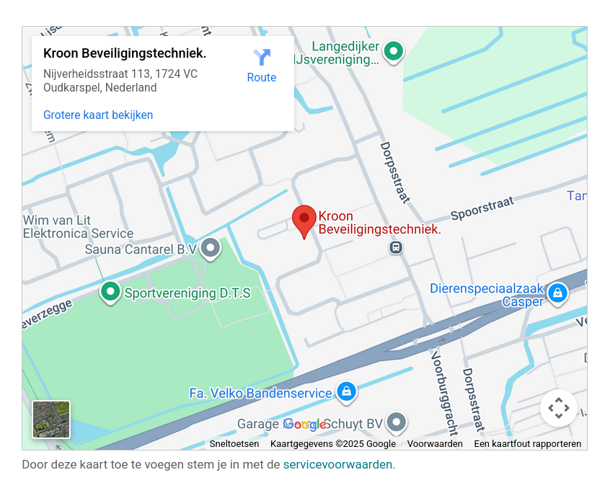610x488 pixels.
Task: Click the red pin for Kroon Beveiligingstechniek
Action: [x=304, y=219]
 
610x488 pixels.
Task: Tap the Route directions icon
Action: [x=262, y=58]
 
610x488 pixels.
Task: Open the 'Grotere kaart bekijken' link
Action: [x=98, y=115]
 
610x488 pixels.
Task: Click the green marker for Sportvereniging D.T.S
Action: [x=110, y=291]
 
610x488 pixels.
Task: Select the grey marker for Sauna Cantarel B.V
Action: [x=211, y=248]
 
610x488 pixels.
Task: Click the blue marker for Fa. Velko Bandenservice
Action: [x=346, y=391]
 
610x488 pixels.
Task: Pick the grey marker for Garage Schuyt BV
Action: [x=396, y=422]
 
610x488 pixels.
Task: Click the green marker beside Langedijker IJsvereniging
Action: [x=393, y=50]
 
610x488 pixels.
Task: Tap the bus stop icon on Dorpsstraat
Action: [x=395, y=248]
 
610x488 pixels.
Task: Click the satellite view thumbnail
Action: [x=51, y=420]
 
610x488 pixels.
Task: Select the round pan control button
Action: [x=559, y=409]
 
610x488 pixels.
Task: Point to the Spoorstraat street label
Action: [x=482, y=210]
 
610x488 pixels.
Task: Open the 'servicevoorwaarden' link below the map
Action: [x=337, y=465]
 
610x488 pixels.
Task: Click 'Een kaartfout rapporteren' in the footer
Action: [x=527, y=444]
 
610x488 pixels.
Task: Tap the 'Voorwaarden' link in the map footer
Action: [x=435, y=444]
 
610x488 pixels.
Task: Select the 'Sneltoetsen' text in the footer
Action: [x=234, y=444]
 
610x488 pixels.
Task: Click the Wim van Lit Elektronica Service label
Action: [x=78, y=226]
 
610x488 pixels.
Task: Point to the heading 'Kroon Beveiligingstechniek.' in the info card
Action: [x=125, y=54]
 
